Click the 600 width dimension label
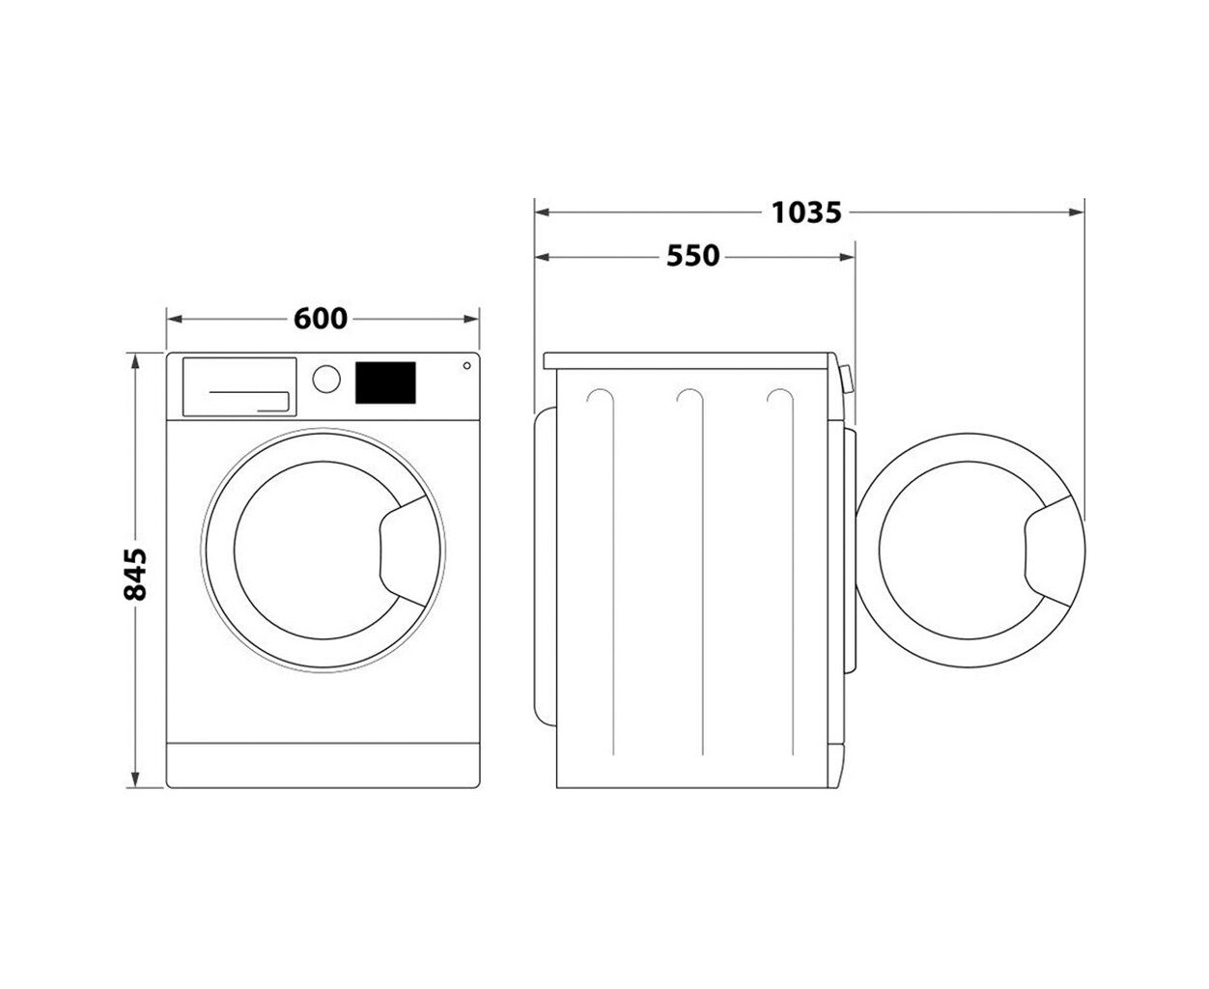tap(320, 319)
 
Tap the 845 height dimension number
tap(135, 574)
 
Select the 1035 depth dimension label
tap(806, 212)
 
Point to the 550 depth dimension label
tap(692, 256)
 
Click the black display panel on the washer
tap(385, 382)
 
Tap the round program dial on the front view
tap(326, 379)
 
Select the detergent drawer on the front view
tap(239, 387)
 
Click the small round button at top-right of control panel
tap(466, 366)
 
